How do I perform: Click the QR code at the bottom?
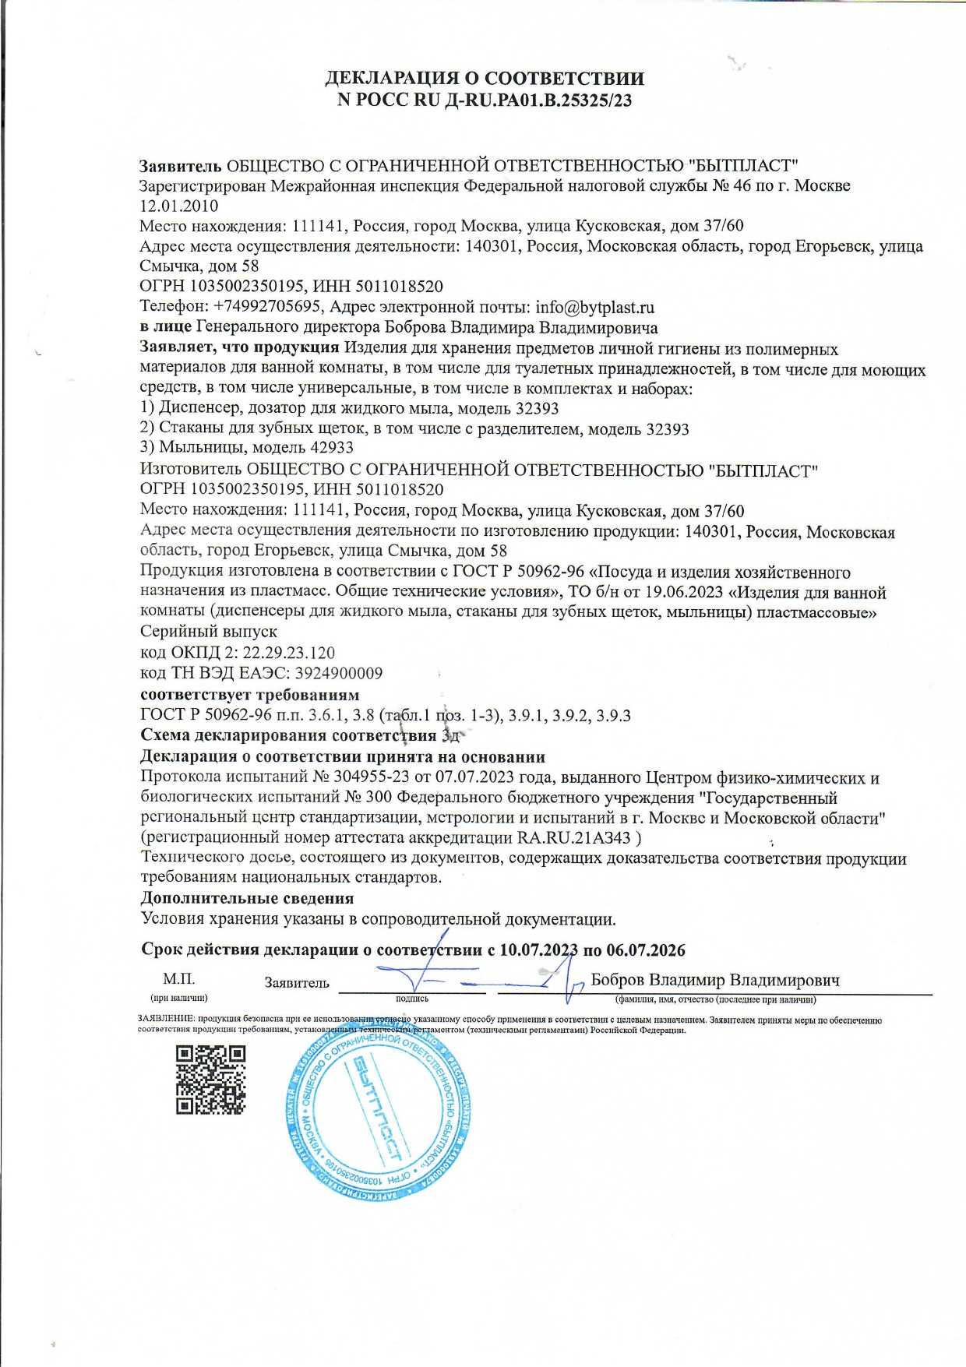[x=210, y=1080]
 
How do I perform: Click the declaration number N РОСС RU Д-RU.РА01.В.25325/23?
[x=484, y=100]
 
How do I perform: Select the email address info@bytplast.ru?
[x=594, y=307]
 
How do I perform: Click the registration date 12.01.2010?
[x=178, y=206]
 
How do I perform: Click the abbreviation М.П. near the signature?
[x=178, y=979]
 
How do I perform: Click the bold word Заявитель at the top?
[x=181, y=165]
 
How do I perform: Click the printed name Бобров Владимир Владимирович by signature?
[x=714, y=980]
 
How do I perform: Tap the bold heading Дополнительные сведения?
[x=247, y=898]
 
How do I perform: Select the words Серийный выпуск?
[x=208, y=632]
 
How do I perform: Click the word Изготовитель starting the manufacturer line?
[x=190, y=470]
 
